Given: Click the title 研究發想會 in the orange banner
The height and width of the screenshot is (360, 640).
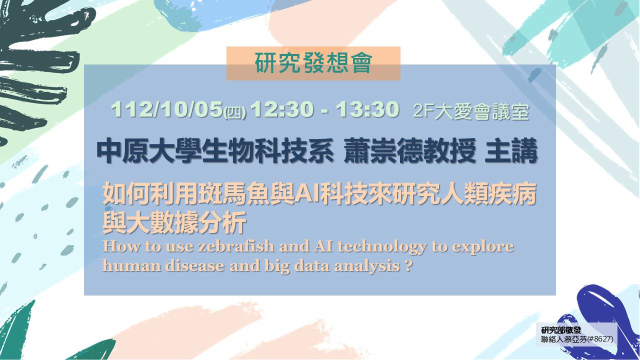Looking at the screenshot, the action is pos(313,62).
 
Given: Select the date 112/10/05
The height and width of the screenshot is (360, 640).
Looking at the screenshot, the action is pos(167,109).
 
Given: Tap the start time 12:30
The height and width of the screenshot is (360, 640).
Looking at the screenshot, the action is pos(281,109).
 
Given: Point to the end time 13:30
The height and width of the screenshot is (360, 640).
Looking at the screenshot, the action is pos(367,109).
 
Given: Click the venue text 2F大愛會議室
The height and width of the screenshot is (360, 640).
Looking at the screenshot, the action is pos(471,111).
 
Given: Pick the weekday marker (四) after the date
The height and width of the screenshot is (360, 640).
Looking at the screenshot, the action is pos(234,112).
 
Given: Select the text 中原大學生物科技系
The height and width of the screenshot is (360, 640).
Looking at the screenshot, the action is pos(215,150).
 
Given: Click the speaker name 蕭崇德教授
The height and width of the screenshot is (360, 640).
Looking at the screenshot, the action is pos(409,150).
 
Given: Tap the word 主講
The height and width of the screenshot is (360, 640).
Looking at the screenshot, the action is pos(511,150).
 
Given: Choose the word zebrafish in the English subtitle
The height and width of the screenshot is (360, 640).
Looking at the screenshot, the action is pos(236,246).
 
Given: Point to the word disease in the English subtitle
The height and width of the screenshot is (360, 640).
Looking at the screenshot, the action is pos(194,266).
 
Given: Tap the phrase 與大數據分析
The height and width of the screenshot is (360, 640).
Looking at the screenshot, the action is pos(174,222).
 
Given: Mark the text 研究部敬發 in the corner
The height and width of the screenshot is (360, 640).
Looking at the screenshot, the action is pos(561,330).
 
